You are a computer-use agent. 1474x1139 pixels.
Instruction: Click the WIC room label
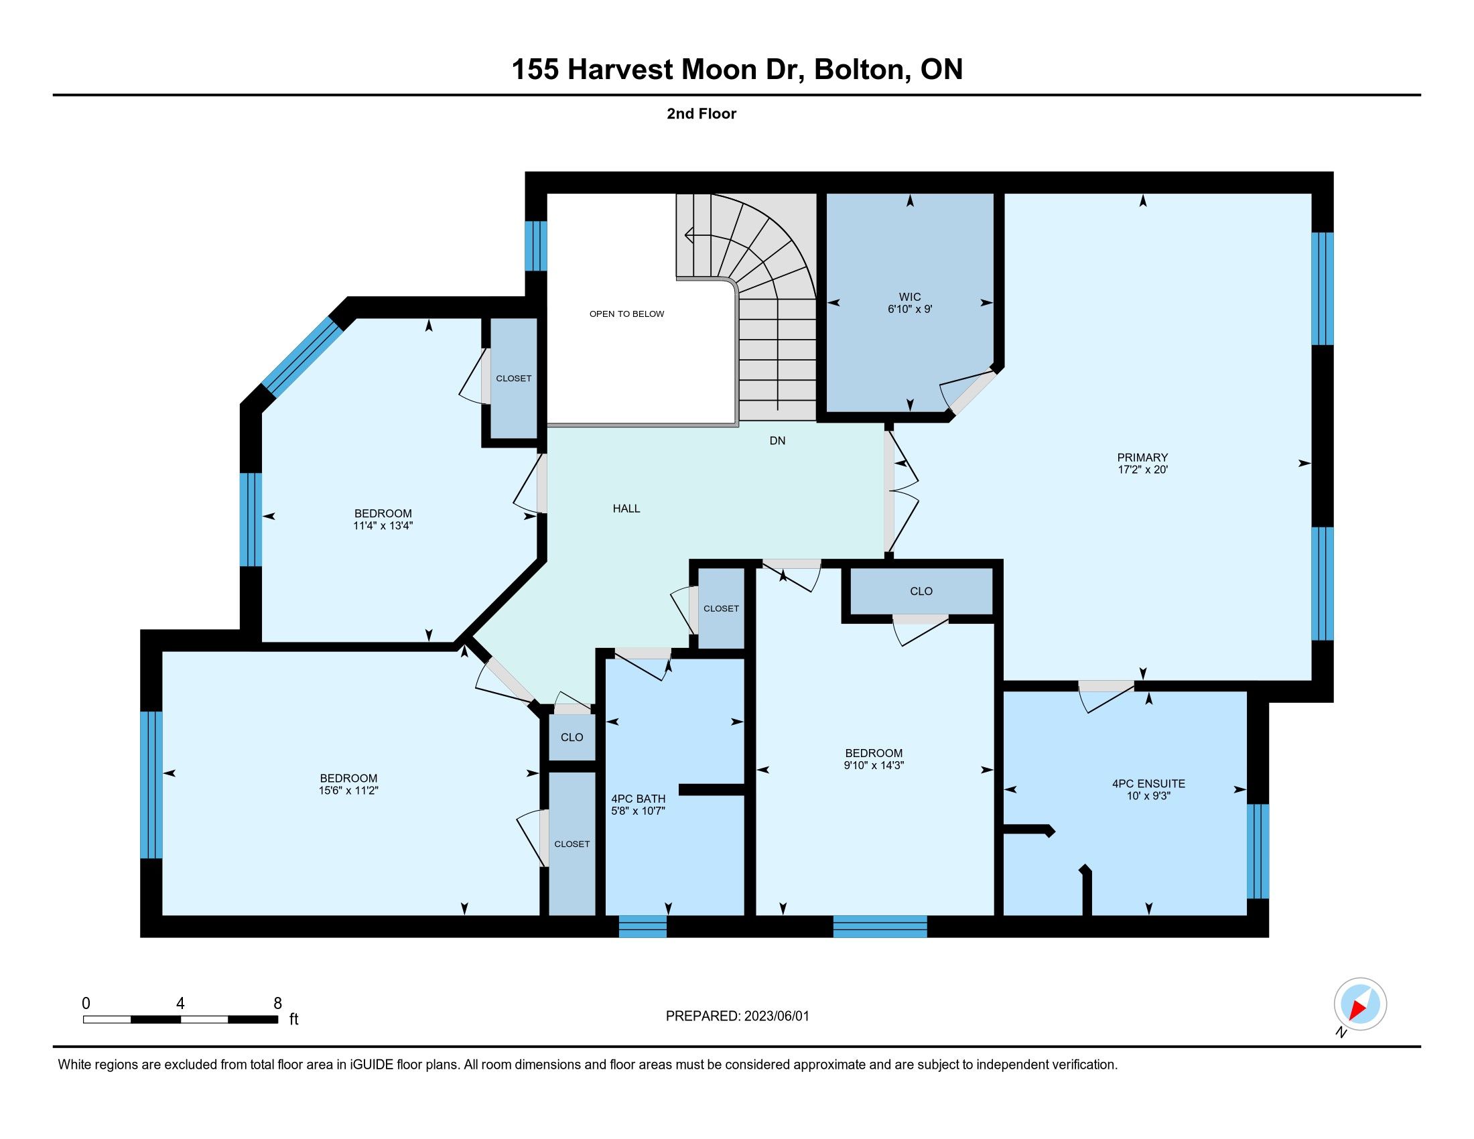(x=910, y=297)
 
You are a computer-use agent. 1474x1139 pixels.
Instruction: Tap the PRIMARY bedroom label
(x=1142, y=458)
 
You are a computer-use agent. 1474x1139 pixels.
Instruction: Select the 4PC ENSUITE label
(x=1148, y=784)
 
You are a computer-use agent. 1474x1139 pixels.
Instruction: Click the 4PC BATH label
(x=638, y=799)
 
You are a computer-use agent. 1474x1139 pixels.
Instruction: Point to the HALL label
(x=626, y=509)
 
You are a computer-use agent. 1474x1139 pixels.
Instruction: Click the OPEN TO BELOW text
(x=626, y=314)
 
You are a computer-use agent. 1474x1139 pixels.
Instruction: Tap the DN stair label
(x=777, y=441)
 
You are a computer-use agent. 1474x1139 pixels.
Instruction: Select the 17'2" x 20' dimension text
(x=1142, y=470)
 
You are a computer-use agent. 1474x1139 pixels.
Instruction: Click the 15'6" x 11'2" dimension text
(x=348, y=790)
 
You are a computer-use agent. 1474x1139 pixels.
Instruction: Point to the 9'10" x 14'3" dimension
(x=874, y=765)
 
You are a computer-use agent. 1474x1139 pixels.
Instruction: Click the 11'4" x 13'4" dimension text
(x=383, y=526)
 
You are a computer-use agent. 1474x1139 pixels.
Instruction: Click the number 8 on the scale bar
(x=277, y=1004)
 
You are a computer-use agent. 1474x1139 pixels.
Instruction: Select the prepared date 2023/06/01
(x=776, y=1016)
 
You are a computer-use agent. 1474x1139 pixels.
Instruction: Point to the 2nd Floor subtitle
(x=701, y=113)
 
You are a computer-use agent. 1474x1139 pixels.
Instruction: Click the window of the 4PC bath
(x=643, y=927)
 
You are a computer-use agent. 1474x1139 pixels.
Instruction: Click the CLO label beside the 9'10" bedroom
(x=921, y=591)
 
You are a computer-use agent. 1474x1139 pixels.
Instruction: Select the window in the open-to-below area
(x=536, y=247)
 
